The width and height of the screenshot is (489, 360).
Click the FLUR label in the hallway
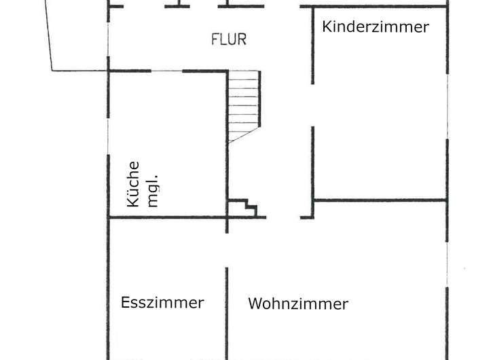(229, 39)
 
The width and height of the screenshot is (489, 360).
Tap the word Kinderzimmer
(376, 26)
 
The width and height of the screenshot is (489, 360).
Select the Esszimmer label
(162, 302)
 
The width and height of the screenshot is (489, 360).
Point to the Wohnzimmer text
(298, 304)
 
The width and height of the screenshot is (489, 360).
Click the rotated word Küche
(133, 184)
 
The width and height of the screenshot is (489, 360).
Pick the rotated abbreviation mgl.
(153, 191)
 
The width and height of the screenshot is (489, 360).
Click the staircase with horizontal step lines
(244, 107)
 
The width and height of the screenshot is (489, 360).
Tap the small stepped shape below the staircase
(243, 208)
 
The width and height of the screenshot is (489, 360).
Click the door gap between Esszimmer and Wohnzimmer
(227, 250)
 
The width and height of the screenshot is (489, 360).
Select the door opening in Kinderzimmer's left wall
(312, 105)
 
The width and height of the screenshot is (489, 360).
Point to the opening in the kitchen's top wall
(166, 71)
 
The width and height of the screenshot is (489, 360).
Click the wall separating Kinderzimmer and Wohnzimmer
(380, 200)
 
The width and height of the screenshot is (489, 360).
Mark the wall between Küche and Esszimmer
(167, 217)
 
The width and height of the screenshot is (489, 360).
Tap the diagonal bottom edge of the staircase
(244, 135)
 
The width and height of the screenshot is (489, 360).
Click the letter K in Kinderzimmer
(327, 26)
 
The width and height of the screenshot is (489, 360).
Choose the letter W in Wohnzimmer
(255, 304)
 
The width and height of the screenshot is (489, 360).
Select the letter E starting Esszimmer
(125, 302)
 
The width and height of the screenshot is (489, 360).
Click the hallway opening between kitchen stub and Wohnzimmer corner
(283, 217)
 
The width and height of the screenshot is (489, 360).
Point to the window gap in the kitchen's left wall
(108, 137)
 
